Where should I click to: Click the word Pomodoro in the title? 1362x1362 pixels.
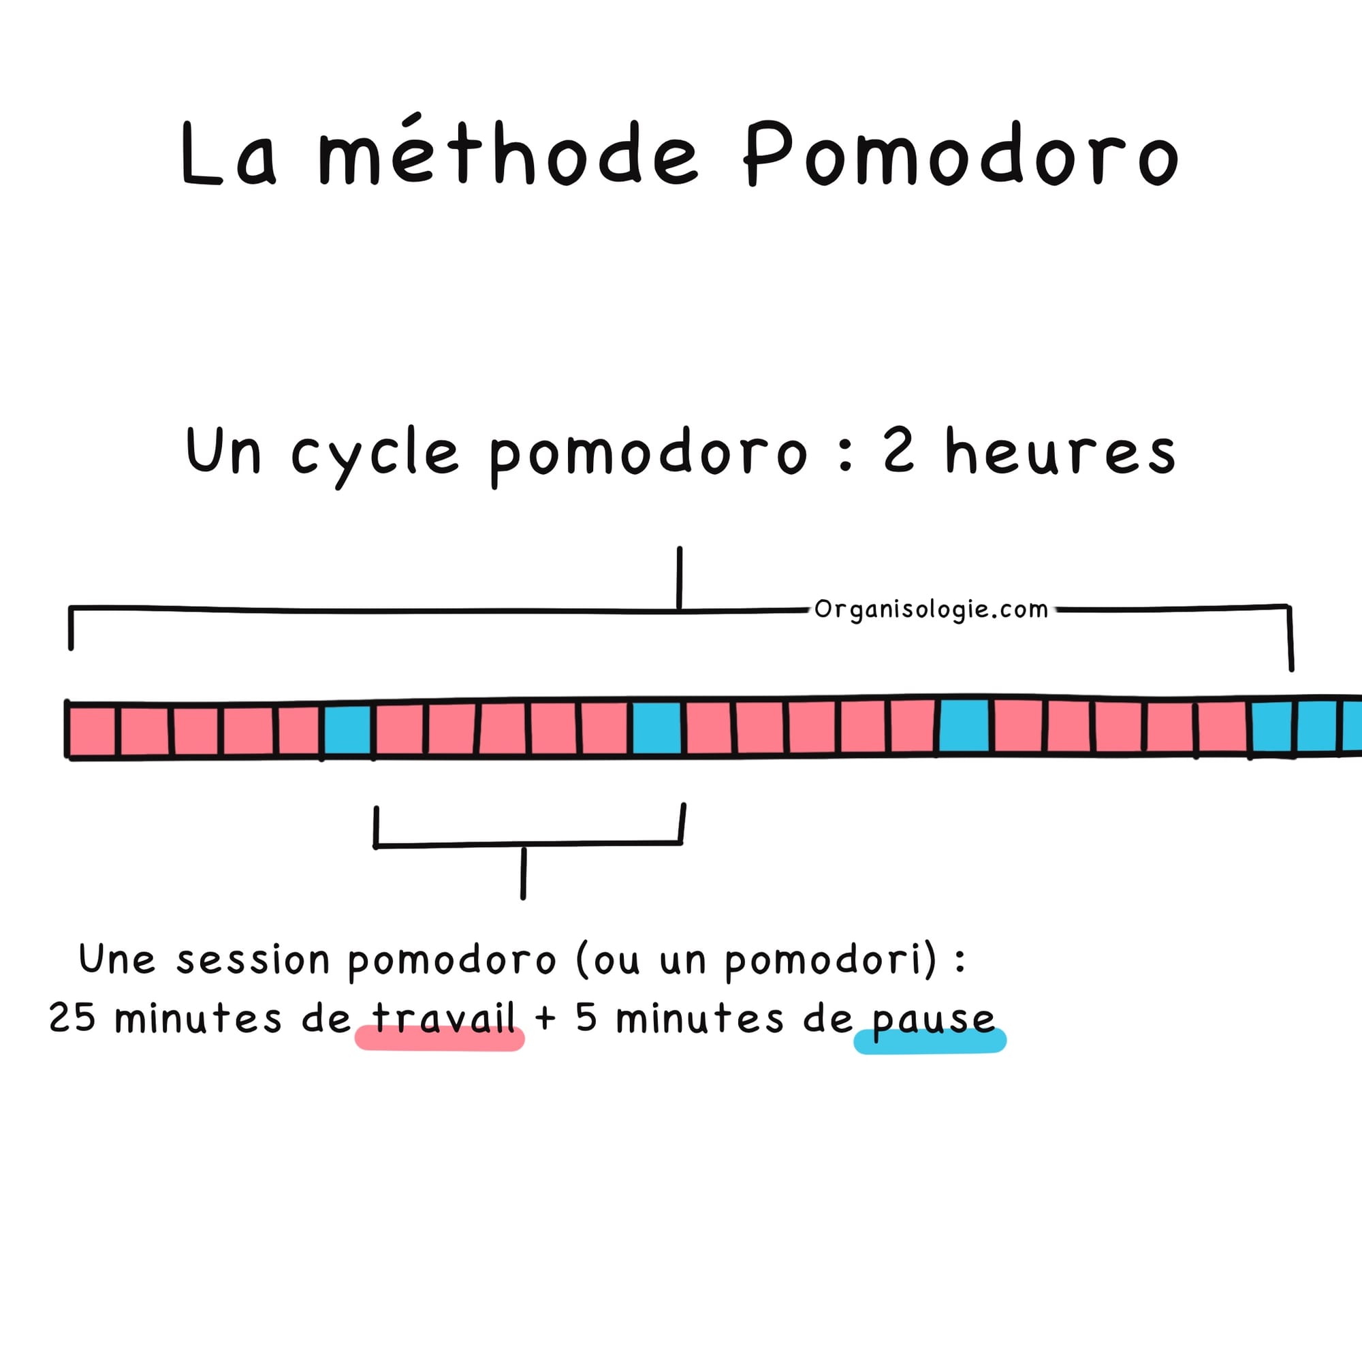pos(960,154)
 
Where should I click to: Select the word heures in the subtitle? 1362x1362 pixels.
pos(1060,452)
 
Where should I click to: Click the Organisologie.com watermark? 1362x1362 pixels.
pos(931,609)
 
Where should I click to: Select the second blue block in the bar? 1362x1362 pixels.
pos(657,728)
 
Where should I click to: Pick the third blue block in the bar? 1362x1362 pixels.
pos(964,726)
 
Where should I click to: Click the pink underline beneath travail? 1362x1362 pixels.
pos(439,1039)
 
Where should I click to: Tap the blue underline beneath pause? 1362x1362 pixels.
pos(929,1041)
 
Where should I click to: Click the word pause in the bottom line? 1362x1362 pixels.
pos(933,1020)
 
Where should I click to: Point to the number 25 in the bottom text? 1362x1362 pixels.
pos(72,1017)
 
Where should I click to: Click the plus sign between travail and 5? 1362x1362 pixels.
pos(545,1019)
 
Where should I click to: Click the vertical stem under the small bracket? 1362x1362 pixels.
pos(523,874)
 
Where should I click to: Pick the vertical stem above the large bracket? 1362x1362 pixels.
pos(679,577)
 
